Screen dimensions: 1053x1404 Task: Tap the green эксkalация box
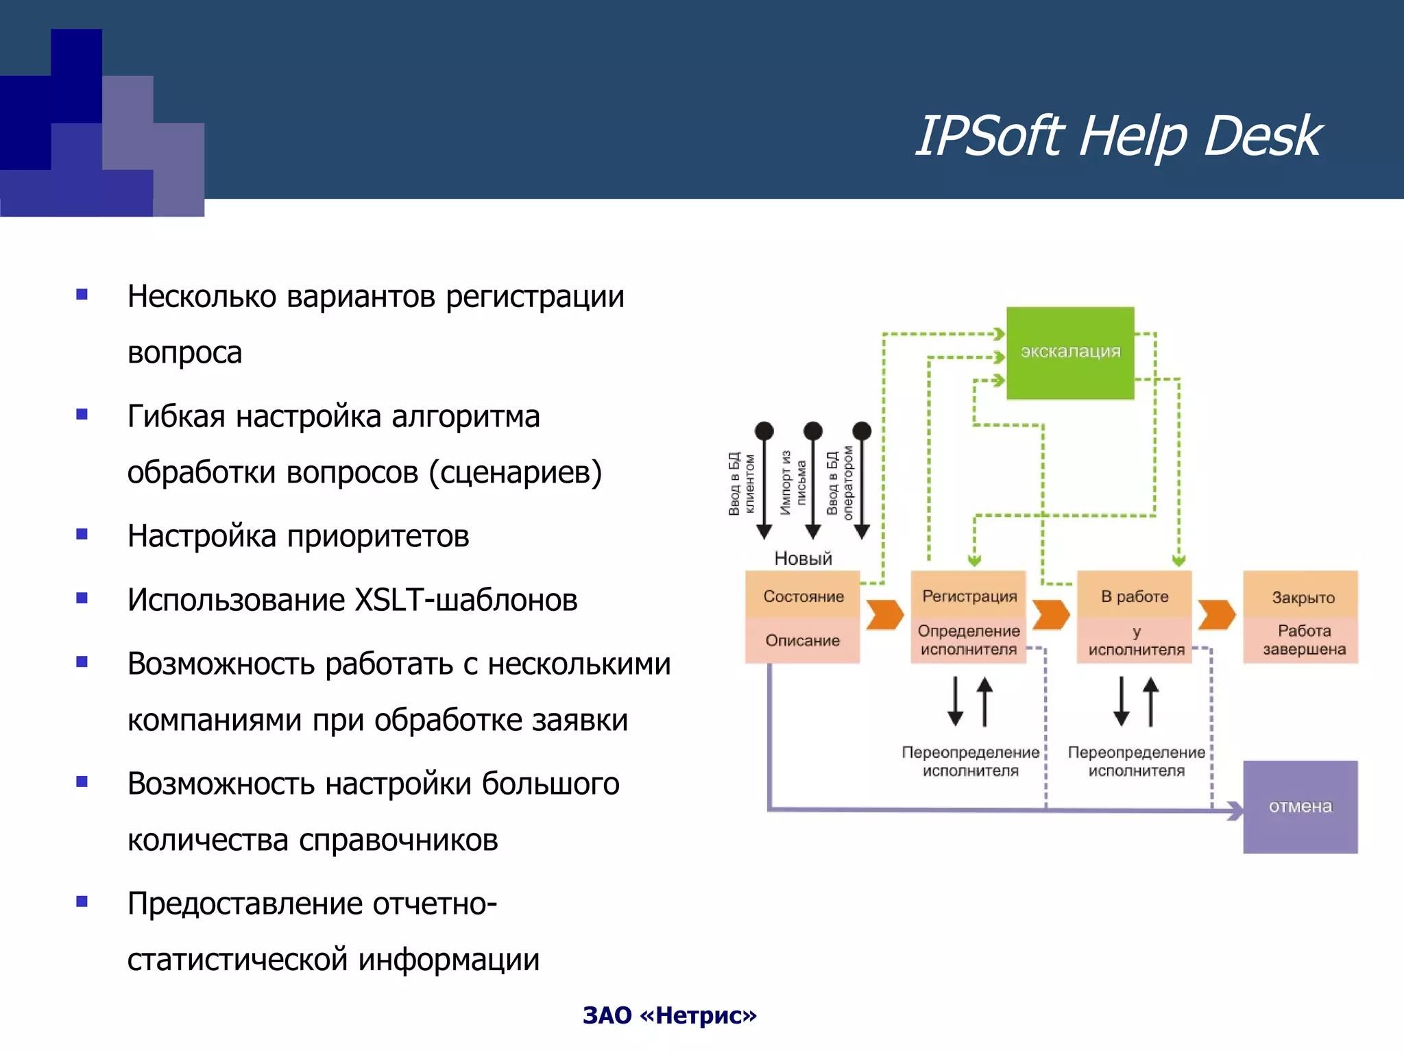pos(1069,352)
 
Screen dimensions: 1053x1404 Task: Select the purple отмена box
pos(1300,806)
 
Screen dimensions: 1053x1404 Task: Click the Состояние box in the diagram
pos(803,596)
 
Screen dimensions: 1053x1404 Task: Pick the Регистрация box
pos(969,596)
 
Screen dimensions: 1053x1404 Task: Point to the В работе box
pos(1135,596)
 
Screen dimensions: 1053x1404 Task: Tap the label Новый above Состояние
pos(803,558)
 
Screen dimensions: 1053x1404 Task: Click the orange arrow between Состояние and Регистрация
pos(884,614)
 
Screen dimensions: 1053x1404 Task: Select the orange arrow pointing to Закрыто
pos(1217,614)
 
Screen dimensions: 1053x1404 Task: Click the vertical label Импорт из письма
pos(793,482)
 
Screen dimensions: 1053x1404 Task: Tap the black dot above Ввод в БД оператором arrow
pos(862,431)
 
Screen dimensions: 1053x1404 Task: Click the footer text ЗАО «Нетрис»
pos(669,1015)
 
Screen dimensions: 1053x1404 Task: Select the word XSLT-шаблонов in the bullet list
pos(465,600)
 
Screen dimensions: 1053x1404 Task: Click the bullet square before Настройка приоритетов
pos(82,534)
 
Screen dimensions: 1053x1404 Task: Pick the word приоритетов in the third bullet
pos(378,536)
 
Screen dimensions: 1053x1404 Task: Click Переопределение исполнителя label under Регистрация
pos(970,761)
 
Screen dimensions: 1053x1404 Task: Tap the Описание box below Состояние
pos(803,640)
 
